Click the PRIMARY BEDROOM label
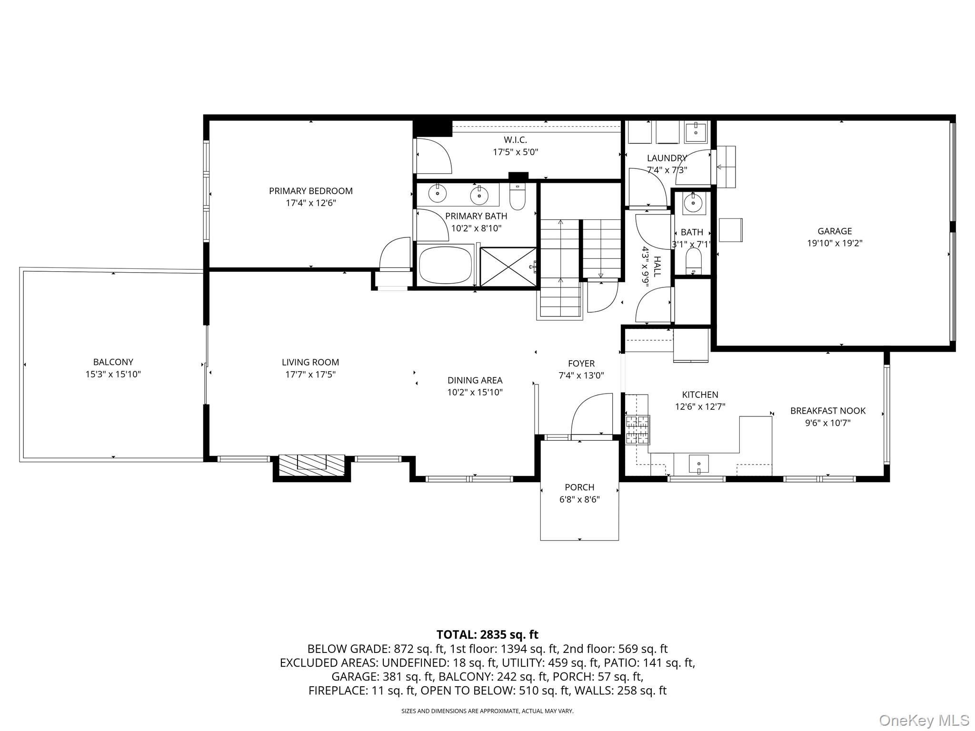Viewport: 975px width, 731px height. [310, 191]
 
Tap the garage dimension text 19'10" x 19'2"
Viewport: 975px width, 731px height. [835, 243]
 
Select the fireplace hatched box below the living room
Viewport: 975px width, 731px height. [311, 465]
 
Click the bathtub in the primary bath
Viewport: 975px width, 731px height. [445, 265]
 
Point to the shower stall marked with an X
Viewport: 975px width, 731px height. [508, 267]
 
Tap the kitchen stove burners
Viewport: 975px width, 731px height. [637, 430]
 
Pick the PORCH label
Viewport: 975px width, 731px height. [579, 487]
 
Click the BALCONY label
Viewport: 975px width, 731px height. [113, 362]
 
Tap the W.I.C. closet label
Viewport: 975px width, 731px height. [515, 140]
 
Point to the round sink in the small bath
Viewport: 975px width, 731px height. [692, 203]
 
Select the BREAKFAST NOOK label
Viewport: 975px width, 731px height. [828, 411]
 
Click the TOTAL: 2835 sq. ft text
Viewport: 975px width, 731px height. [487, 634]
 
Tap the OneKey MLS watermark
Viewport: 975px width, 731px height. [924, 720]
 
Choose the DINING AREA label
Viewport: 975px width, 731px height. [475, 380]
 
